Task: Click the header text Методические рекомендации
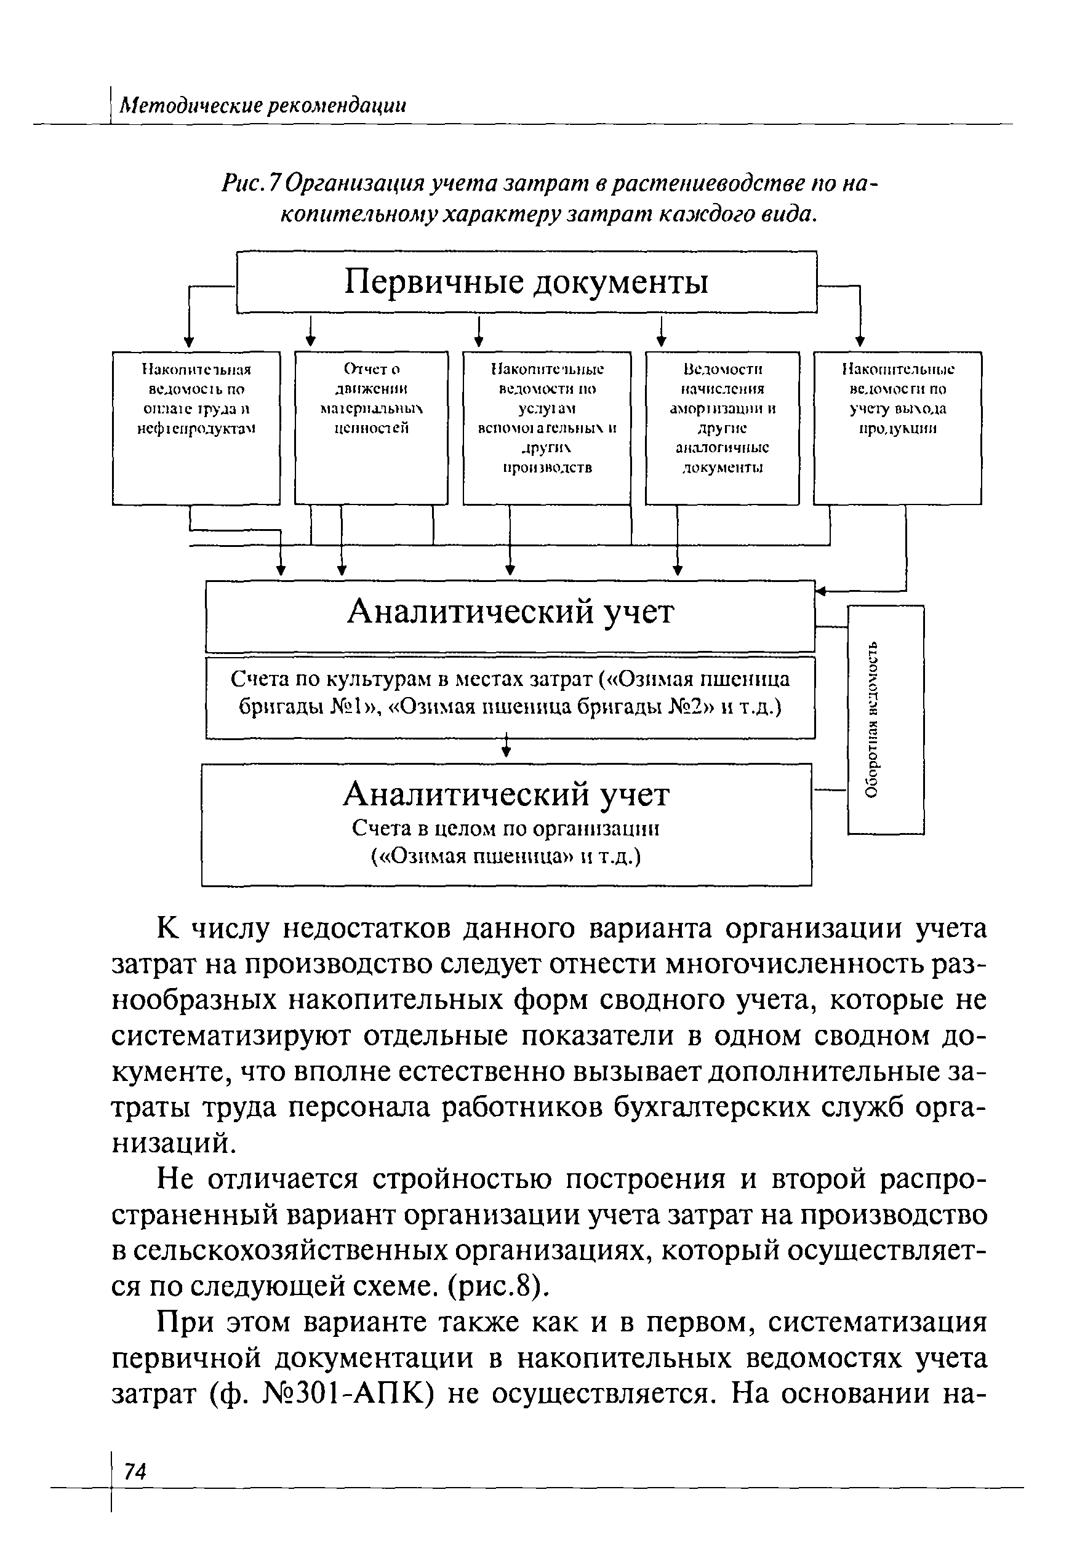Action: [262, 105]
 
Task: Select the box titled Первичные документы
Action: [526, 281]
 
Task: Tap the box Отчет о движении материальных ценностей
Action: [371, 428]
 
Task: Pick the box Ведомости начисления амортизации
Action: [722, 428]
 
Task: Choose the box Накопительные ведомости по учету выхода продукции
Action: [897, 428]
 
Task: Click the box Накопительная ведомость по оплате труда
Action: [196, 428]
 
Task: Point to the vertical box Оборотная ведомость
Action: [886, 720]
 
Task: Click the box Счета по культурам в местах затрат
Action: [510, 696]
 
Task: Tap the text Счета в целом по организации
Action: [506, 829]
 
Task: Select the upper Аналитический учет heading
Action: [510, 612]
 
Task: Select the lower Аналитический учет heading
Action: [506, 794]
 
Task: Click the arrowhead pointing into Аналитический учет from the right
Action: [820, 591]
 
